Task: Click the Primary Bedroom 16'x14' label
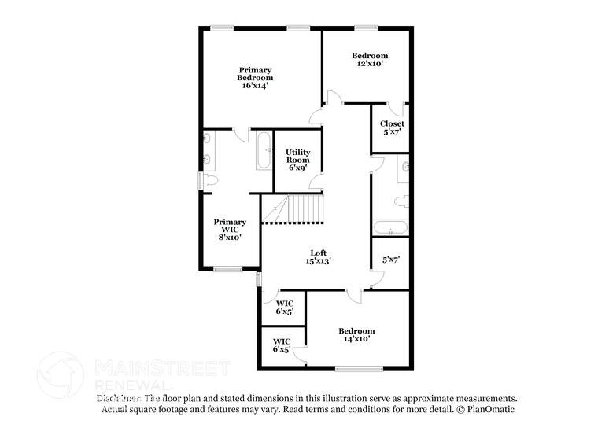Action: (256, 77)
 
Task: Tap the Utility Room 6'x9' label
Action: (297, 160)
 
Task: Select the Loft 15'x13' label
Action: (318, 256)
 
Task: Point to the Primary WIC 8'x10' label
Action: (230, 229)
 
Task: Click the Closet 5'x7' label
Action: (392, 127)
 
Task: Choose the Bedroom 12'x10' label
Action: (369, 60)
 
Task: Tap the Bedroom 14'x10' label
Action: (356, 335)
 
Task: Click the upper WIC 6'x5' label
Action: (284, 307)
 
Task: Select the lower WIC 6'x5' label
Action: (282, 345)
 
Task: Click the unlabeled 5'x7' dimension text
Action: (391, 260)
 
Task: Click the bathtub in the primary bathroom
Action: (264, 150)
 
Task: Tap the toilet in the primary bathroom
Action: (209, 180)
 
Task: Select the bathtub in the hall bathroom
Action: (390, 229)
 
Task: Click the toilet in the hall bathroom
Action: (401, 201)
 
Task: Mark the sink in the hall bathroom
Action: (404, 166)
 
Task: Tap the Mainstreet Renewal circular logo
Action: (60, 374)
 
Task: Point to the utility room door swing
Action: (316, 183)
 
